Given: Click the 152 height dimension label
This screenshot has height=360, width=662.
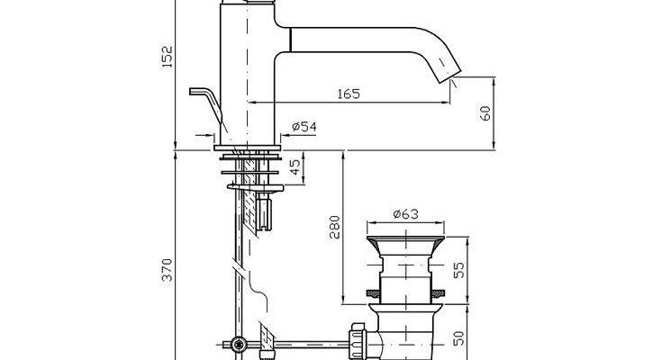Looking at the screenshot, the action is (168, 57).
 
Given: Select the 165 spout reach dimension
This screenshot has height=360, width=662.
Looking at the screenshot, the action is (349, 94).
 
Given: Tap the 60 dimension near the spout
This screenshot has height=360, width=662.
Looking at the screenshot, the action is (485, 113).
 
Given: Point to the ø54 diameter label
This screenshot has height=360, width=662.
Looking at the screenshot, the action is (304, 127).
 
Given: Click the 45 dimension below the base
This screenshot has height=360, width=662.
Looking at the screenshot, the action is (296, 166).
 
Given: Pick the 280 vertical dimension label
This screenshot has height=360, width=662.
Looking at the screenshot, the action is (335, 227).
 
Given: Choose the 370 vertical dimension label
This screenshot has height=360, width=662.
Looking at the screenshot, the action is (168, 270).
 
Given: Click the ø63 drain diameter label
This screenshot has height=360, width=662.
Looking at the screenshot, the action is (405, 214).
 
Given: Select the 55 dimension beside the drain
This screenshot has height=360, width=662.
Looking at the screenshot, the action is (459, 270).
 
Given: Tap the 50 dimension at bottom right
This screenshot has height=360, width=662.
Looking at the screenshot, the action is (459, 338).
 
